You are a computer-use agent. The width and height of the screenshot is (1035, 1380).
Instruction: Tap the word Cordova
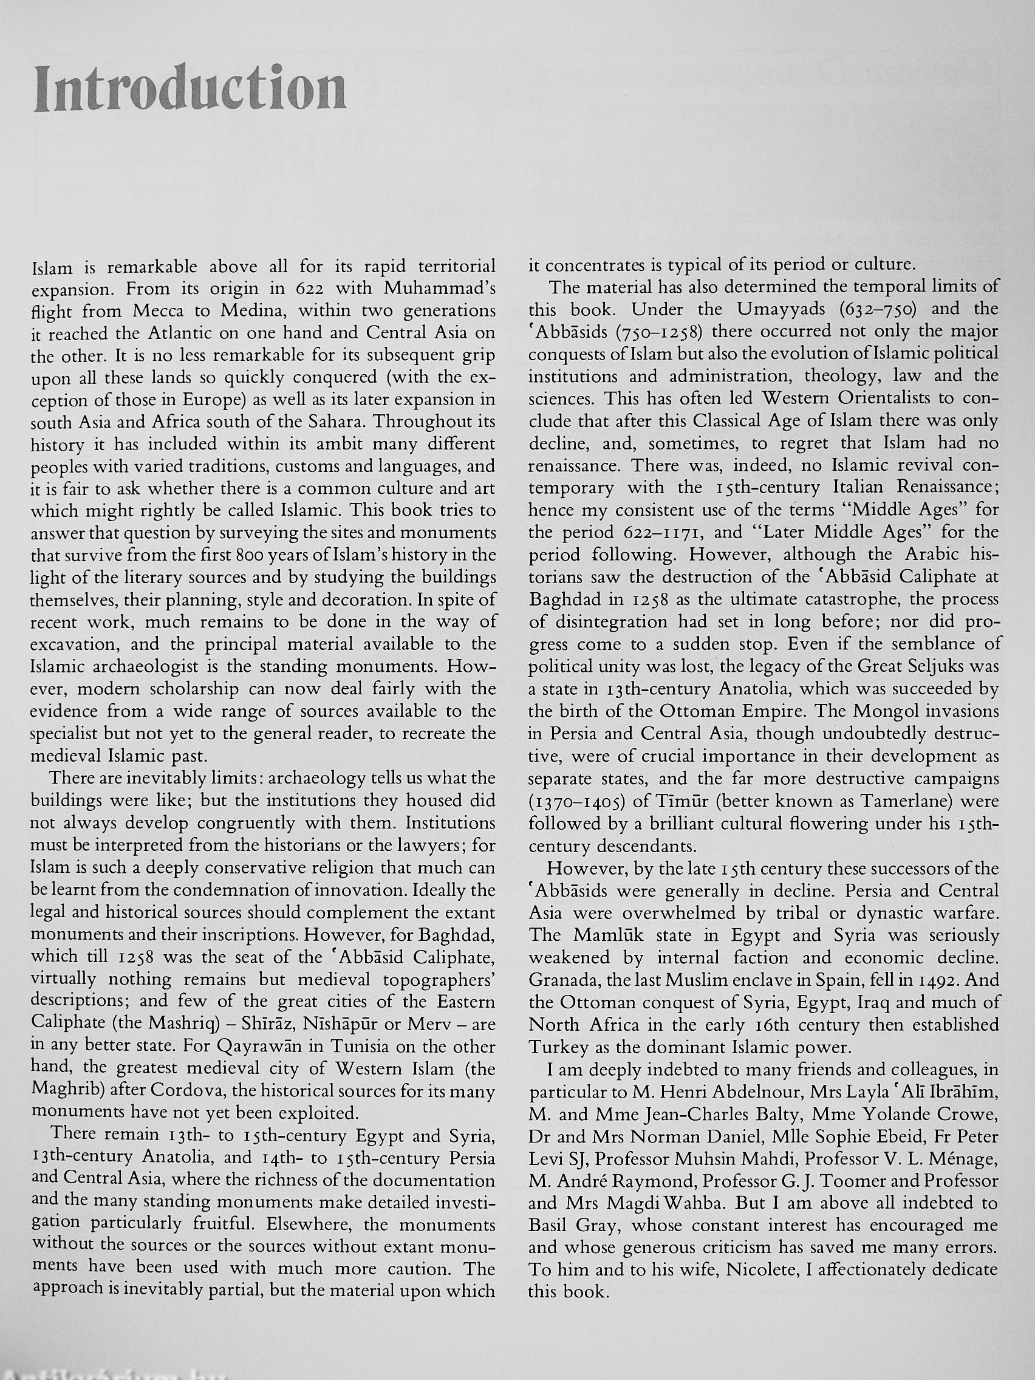180,1091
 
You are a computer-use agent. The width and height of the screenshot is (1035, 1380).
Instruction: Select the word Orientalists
886,398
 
